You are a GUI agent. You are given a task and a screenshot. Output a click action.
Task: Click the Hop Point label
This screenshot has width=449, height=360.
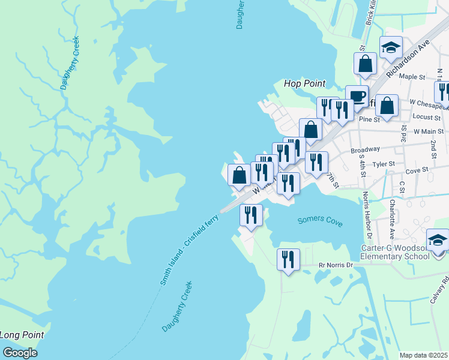pos(304,83)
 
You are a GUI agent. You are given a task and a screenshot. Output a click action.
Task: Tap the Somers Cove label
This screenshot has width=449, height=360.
pos(320,221)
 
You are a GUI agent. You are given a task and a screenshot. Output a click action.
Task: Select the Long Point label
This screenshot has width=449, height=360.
pos(22,335)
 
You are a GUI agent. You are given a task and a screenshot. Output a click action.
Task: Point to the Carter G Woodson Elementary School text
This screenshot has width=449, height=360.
pos(394,252)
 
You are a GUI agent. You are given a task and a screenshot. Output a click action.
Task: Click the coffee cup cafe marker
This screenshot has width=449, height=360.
pos(357,96)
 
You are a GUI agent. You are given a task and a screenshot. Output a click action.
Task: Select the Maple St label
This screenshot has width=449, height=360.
pos(412,77)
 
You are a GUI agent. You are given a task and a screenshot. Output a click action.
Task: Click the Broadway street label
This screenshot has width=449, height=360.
pos(365,149)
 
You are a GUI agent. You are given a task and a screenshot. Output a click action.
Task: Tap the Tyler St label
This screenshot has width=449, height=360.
pos(384,163)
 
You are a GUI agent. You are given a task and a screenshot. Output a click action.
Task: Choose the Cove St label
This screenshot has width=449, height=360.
pos(416,170)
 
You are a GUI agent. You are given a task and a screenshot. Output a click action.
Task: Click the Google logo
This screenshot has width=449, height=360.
pos(20,353)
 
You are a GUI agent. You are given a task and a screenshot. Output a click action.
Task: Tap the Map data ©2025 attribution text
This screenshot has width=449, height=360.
pos(424,355)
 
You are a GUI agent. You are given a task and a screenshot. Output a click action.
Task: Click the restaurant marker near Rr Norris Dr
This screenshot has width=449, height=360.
pos(288,260)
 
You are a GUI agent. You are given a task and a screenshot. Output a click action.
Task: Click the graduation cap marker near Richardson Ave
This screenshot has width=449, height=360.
pos(391,47)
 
